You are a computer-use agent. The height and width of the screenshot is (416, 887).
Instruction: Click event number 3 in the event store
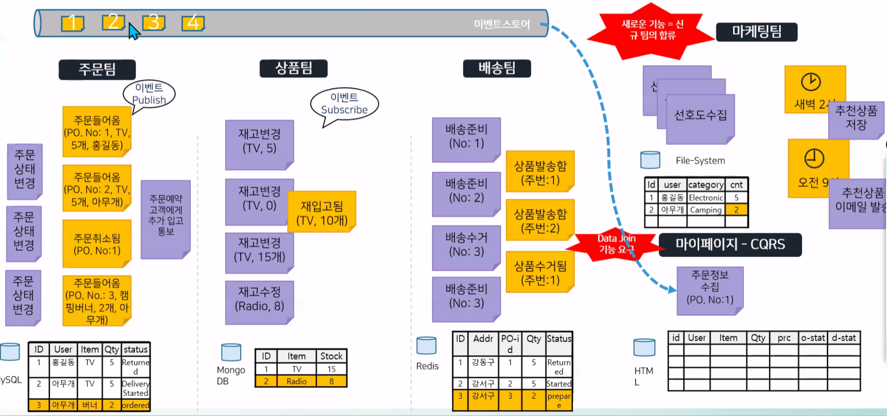(x=154, y=22)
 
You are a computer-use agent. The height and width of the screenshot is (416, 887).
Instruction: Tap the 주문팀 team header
(x=97, y=69)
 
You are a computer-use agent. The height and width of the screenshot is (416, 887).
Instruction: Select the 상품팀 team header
(x=293, y=68)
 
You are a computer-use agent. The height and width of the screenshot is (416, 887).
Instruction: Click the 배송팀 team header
(x=497, y=68)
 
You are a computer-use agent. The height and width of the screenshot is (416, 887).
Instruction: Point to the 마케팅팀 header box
(x=756, y=32)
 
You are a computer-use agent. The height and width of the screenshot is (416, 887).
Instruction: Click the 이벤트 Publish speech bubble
(x=149, y=94)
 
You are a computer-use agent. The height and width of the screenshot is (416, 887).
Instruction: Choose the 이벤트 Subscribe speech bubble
(x=344, y=104)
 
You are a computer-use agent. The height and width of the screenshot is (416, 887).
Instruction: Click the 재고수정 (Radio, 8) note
(x=259, y=299)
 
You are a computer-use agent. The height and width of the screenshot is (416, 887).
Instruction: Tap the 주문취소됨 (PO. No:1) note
(x=97, y=244)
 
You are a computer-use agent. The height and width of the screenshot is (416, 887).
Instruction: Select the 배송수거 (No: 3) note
(x=466, y=245)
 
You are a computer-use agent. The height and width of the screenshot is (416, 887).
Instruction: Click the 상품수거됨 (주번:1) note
(x=540, y=272)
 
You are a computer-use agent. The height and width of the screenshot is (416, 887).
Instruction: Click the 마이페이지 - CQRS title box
(x=730, y=244)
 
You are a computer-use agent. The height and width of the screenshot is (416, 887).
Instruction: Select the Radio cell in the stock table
(x=296, y=381)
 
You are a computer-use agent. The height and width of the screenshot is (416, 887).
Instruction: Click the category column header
(x=705, y=185)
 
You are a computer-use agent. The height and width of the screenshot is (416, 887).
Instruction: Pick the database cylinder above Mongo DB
(x=231, y=353)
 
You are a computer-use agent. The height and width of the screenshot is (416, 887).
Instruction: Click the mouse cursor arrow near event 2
(x=133, y=31)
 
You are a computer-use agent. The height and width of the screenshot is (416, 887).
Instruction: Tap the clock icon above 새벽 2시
(x=810, y=82)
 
